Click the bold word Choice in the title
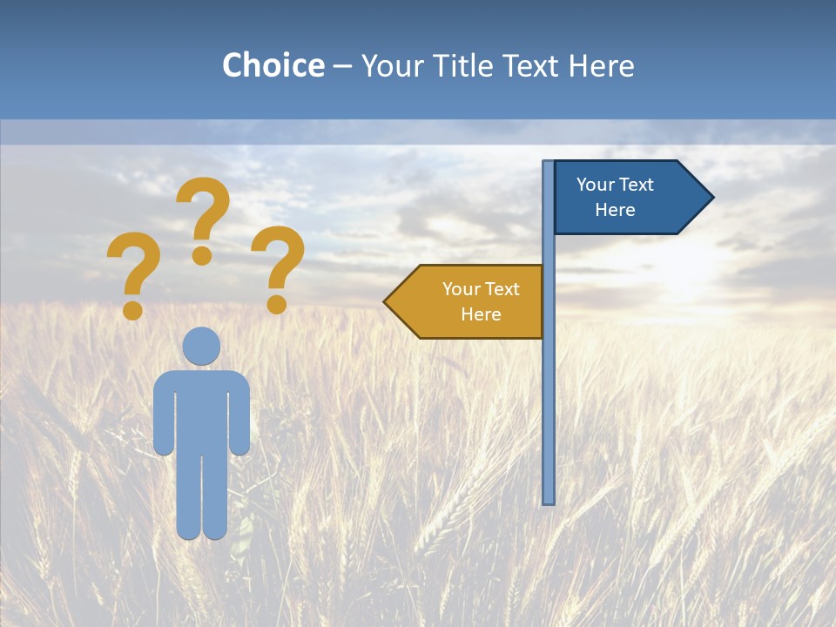[x=273, y=65]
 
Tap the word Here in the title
[x=601, y=65]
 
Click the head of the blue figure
[x=201, y=346]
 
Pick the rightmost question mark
[x=278, y=261]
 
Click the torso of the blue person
[x=201, y=409]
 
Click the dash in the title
[x=342, y=66]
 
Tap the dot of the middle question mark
[x=202, y=255]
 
